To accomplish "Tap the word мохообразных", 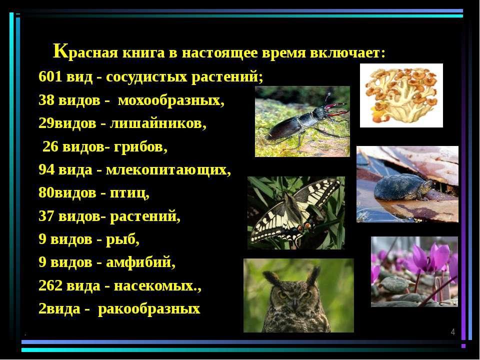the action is pos(171,100).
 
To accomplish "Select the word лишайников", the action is pos(158,123).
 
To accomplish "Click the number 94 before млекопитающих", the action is pos(46,169).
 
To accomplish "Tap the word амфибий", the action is pos(141,262).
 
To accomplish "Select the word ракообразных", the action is pos(149,309).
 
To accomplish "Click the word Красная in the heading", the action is pos(85,52).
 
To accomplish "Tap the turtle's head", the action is pos(426,185).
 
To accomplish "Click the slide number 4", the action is pos(453,332).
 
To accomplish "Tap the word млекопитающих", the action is pos(168,170).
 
